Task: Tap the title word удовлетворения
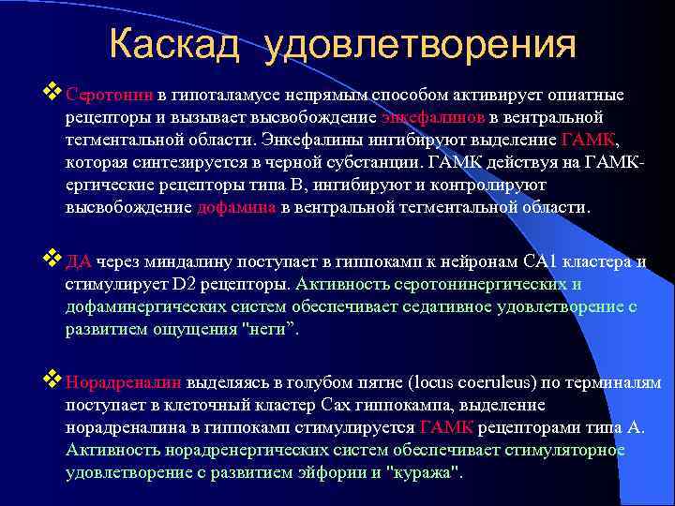point(420,44)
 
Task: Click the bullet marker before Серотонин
point(53,94)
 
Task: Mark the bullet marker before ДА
point(53,261)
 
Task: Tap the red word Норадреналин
point(125,383)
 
